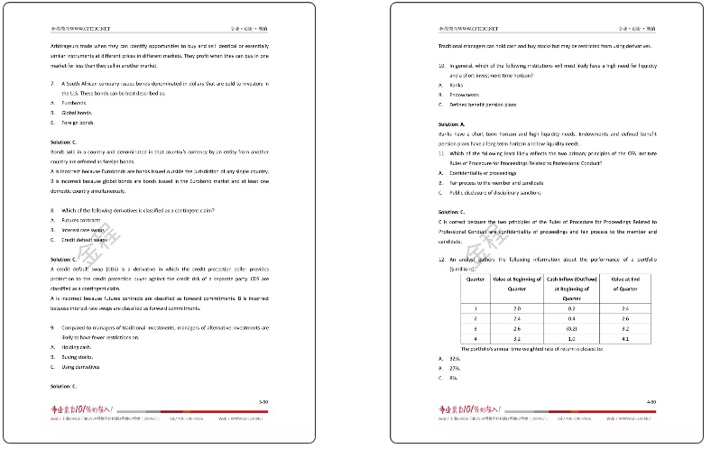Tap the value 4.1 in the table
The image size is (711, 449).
(625, 338)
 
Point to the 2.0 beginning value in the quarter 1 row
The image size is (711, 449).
(516, 308)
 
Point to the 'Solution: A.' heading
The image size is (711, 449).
(451, 124)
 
